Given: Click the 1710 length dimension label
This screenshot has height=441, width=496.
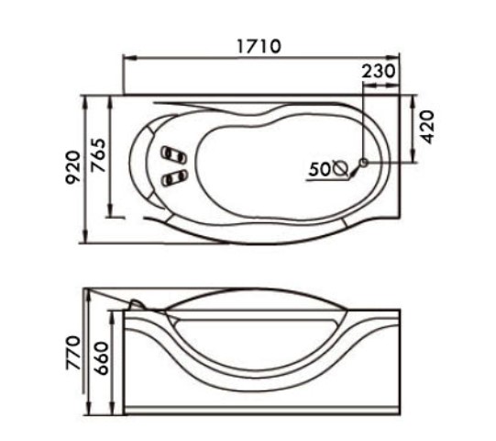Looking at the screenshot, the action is point(259,46).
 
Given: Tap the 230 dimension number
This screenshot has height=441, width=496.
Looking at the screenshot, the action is point(379,71).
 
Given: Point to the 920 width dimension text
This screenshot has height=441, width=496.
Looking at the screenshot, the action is point(72,167).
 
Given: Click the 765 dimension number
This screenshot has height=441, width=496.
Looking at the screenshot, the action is point(97,155).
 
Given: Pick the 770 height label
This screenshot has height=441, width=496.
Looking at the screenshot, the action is point(73,353).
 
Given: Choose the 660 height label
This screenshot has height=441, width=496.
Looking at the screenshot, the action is point(102,358).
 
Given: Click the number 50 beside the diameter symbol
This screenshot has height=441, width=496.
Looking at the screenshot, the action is point(319,169).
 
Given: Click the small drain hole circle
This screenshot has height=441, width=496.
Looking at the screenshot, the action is point(364,163).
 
